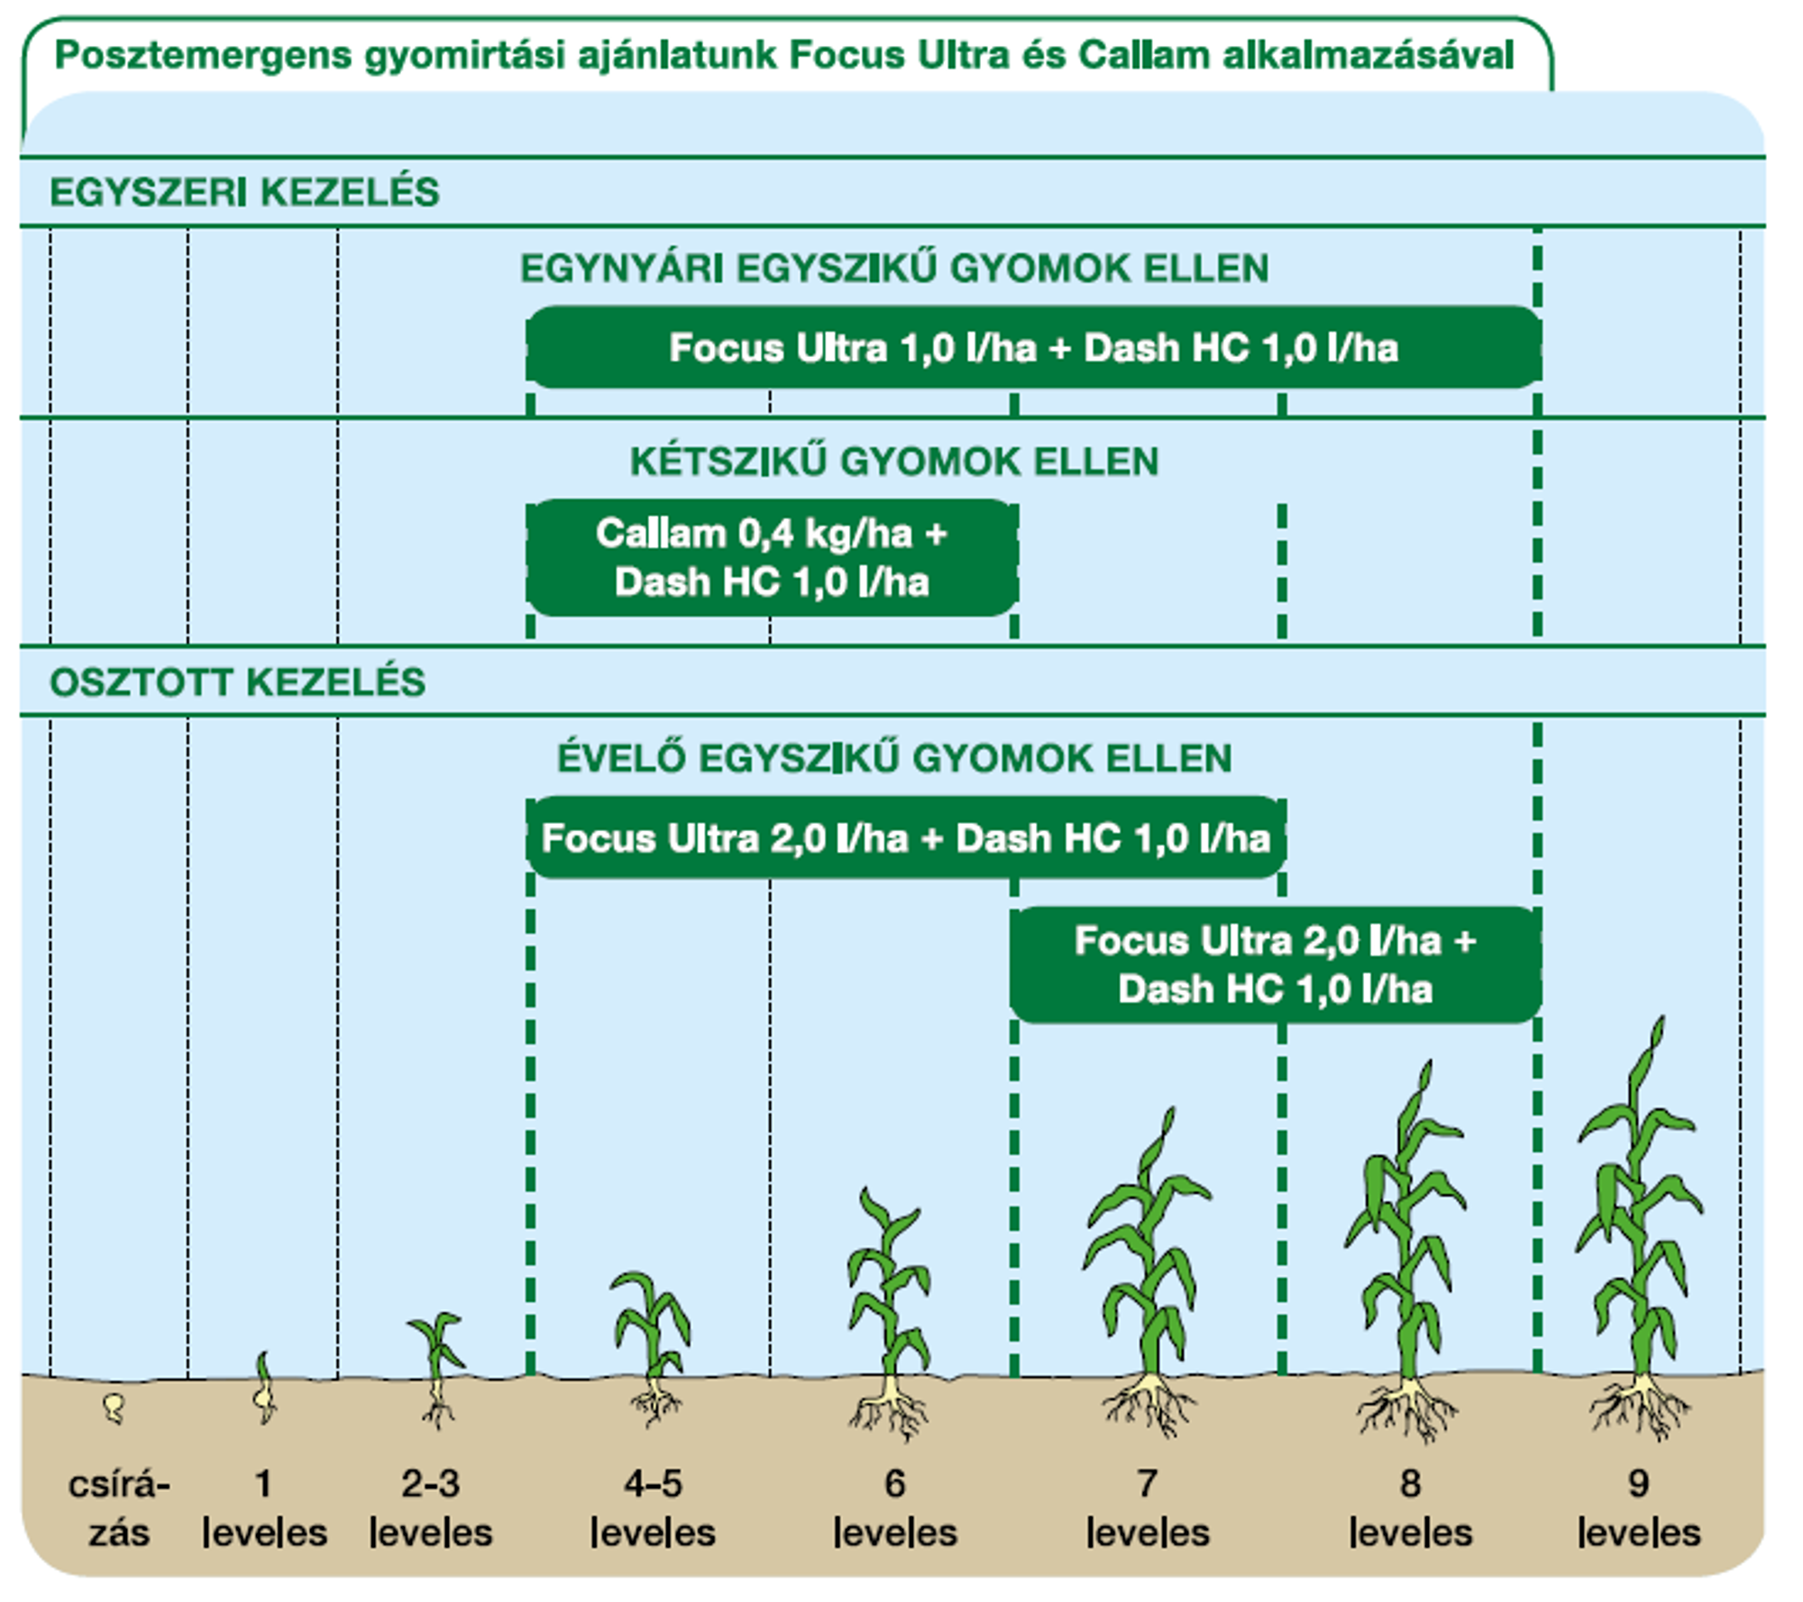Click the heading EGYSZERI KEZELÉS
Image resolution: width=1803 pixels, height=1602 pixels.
pos(244,192)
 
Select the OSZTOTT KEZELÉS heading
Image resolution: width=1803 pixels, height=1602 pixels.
pos(237,682)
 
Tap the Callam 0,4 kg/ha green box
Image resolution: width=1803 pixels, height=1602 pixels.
pos(773,558)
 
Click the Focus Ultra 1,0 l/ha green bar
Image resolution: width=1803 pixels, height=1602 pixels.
pos(1034,348)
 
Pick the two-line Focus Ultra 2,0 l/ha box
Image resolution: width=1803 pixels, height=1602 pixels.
pos(1276,965)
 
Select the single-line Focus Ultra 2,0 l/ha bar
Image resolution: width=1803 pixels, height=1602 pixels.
pos(906,838)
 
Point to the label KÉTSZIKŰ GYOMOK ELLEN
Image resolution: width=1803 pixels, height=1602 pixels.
pos(894,462)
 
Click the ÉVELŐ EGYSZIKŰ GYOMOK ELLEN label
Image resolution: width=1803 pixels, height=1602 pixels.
pos(894,758)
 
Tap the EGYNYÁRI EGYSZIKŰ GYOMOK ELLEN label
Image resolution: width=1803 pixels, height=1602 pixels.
pos(894,269)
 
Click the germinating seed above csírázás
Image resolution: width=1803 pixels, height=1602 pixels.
pos(114,1406)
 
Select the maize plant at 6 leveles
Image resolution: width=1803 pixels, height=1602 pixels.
pos(889,1312)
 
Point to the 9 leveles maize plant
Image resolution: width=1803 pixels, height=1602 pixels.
pos(1639,1226)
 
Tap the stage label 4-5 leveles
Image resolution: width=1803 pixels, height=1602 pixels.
pos(653,1508)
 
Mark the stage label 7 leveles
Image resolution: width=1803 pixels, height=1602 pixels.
pos(1147,1508)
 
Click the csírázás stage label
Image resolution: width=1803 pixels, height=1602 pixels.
pos(118,1508)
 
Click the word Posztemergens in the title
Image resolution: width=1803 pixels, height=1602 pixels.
pos(203,57)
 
